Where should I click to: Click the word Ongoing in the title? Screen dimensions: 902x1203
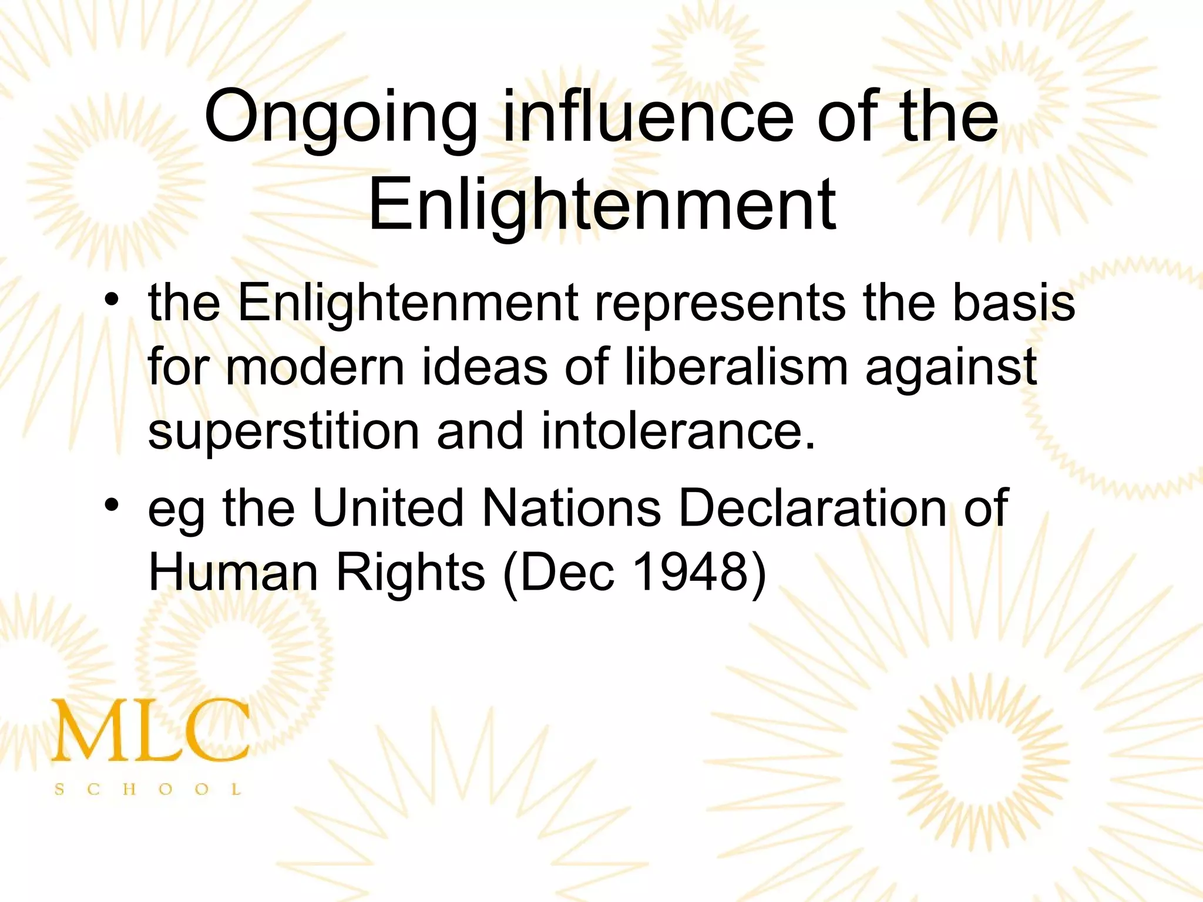coord(341,117)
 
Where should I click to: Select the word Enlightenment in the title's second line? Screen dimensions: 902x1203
coord(602,206)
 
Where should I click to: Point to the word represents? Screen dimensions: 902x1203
coord(720,304)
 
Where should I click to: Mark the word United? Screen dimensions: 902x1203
coord(388,507)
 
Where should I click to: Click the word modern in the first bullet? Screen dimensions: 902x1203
coord(315,368)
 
